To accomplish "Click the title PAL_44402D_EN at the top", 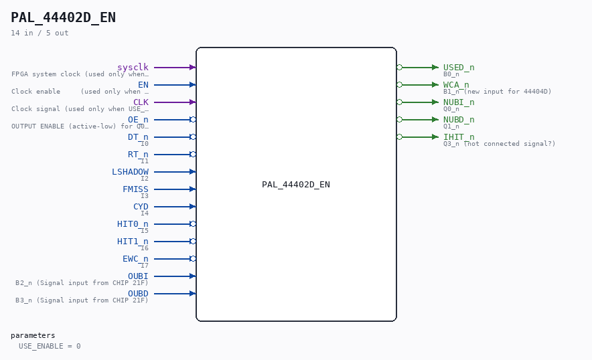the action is coord(63,18).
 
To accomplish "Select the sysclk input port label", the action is coord(133,67).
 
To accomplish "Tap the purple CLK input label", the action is coord(141,102).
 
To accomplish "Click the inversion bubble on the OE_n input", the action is coord(193,120).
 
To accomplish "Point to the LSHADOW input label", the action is coord(131,172).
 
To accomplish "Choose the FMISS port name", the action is coord(135,189).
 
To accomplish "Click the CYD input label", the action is coord(141,206).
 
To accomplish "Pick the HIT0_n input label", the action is coord(133,224).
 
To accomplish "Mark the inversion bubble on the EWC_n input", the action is coord(193,259).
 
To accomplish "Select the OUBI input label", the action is coord(138,276).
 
